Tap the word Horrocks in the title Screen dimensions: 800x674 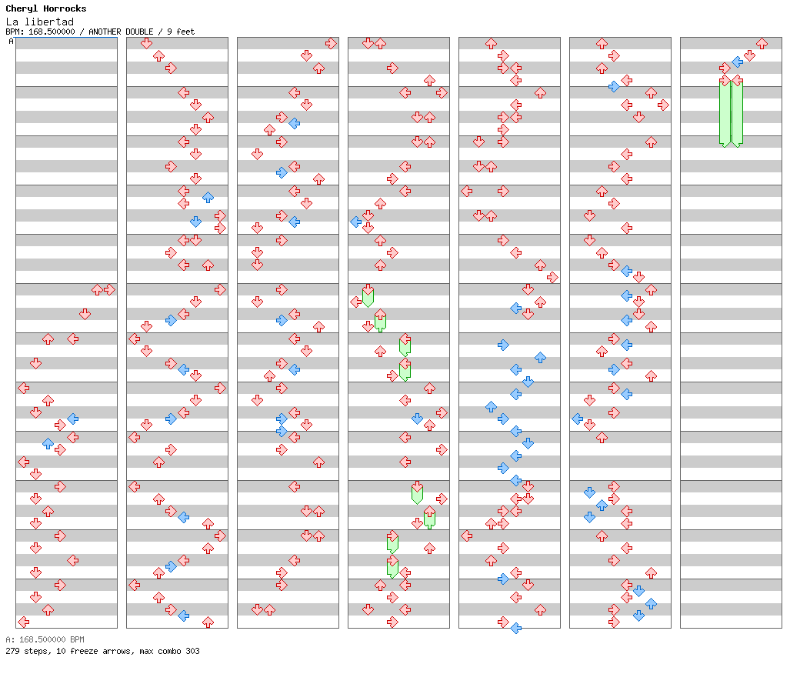click(65, 8)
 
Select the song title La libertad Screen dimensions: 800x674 click(40, 22)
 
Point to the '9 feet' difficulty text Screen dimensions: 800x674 click(181, 32)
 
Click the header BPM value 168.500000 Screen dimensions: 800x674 click(52, 32)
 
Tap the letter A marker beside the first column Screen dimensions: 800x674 click(12, 41)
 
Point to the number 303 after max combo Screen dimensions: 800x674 click(193, 651)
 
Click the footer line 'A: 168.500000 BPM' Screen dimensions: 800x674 click(45, 639)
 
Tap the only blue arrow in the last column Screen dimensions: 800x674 click(737, 62)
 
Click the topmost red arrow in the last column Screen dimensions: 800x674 click(762, 43)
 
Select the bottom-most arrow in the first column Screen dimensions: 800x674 click(24, 622)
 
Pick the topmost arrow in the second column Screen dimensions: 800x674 click(146, 43)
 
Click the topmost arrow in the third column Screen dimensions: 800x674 click(331, 43)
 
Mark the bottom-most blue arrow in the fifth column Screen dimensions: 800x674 click(516, 628)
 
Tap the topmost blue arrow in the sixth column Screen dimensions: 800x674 click(615, 86)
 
